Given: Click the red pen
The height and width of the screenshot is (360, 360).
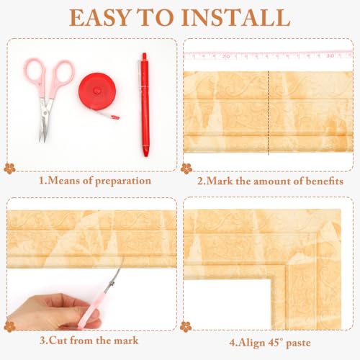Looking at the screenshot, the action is click(145, 104).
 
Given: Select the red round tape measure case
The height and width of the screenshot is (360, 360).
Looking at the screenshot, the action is click(97, 91).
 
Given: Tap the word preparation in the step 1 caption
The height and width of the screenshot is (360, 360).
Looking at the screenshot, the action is click(123, 181).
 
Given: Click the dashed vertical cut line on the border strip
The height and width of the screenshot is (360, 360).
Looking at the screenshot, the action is click(269, 113).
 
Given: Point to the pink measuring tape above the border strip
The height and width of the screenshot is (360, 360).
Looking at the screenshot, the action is click(269, 55).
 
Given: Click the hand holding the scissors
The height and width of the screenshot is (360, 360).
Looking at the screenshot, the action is click(52, 312).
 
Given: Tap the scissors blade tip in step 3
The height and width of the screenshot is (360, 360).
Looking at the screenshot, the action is click(123, 258).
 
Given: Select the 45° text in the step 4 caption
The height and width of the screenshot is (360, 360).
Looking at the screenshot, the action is click(276, 342).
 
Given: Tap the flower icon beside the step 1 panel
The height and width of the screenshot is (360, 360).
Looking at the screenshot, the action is click(9, 168).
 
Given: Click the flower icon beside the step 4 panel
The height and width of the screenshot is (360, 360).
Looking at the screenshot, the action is click(186, 327).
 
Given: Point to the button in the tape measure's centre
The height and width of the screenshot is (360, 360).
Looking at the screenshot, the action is click(97, 91).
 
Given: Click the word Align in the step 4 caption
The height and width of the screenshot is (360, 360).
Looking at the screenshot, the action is click(252, 343).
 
